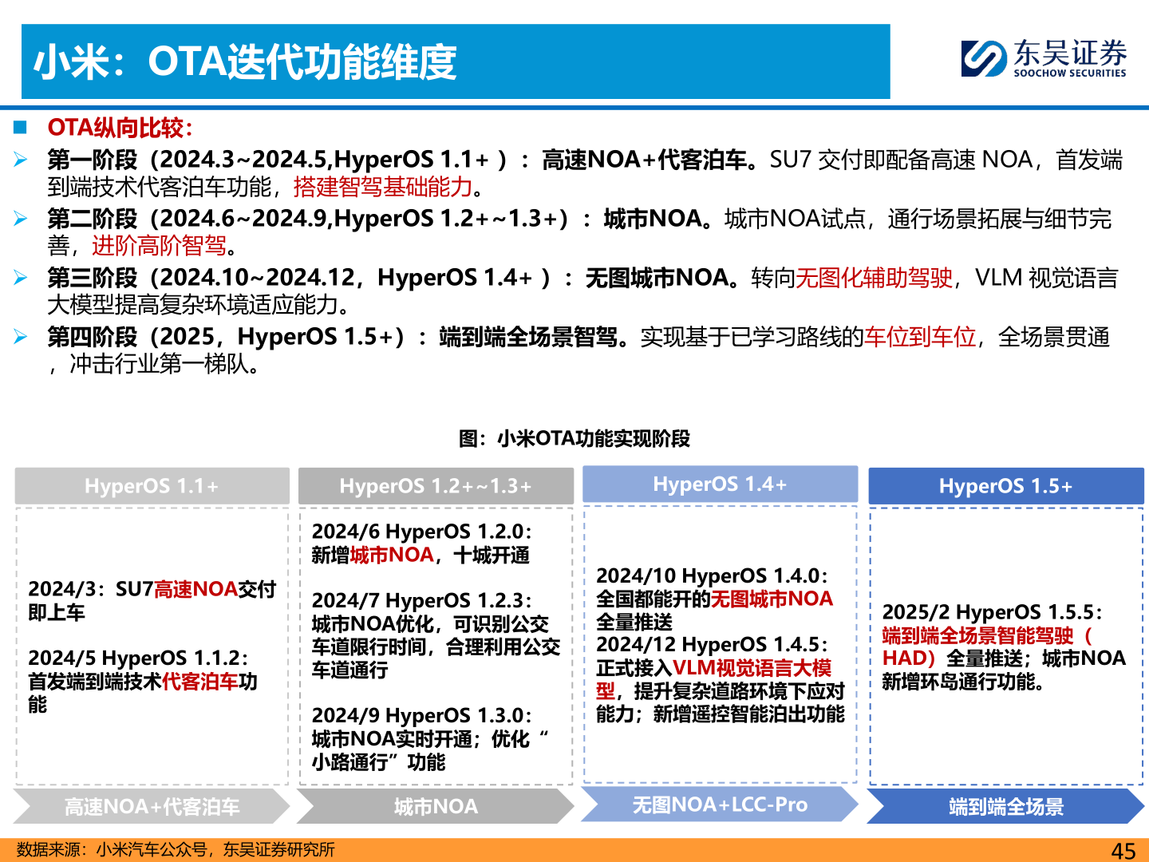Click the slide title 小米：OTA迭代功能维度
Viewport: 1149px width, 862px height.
coord(245,62)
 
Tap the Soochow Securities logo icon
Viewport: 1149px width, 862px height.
coord(983,59)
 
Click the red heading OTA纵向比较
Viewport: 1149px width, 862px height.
coord(120,128)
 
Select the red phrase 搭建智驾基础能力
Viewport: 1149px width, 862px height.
coord(383,187)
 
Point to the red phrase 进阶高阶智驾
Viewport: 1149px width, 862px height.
coord(159,246)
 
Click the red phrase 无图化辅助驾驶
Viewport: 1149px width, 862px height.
coord(875,278)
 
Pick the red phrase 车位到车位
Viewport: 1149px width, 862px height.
coord(920,337)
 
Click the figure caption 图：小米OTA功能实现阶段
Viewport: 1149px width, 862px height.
coord(574,438)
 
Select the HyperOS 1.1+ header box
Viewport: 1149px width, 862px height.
coord(152,486)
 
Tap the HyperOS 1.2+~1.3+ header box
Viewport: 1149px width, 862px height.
coord(436,486)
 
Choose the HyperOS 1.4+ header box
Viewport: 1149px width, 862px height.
coord(720,484)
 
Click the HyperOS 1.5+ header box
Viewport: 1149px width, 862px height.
coord(1005,486)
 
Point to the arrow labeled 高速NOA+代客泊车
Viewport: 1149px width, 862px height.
coord(152,807)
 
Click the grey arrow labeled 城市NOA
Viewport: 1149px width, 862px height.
coord(436,807)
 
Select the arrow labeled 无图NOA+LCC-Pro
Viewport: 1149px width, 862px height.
coord(720,805)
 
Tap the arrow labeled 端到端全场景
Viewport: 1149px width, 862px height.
coord(1005,807)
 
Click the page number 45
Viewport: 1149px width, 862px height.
coord(1123,851)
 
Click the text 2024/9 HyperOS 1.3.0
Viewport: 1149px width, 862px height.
coord(421,716)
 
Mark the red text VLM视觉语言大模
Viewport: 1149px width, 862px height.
coord(752,668)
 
